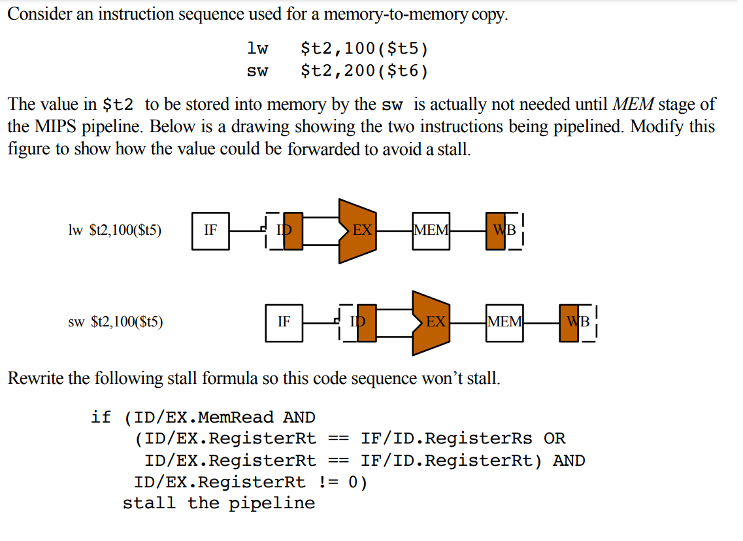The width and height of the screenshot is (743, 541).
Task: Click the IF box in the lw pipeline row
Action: (210, 230)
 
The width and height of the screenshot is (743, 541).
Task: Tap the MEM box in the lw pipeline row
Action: (431, 230)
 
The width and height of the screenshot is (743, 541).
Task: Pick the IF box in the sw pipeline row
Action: (284, 322)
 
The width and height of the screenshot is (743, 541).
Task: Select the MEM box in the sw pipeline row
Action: (504, 322)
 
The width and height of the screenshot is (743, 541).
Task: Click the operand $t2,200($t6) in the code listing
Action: (364, 71)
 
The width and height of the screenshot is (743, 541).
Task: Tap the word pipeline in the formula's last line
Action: (271, 503)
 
